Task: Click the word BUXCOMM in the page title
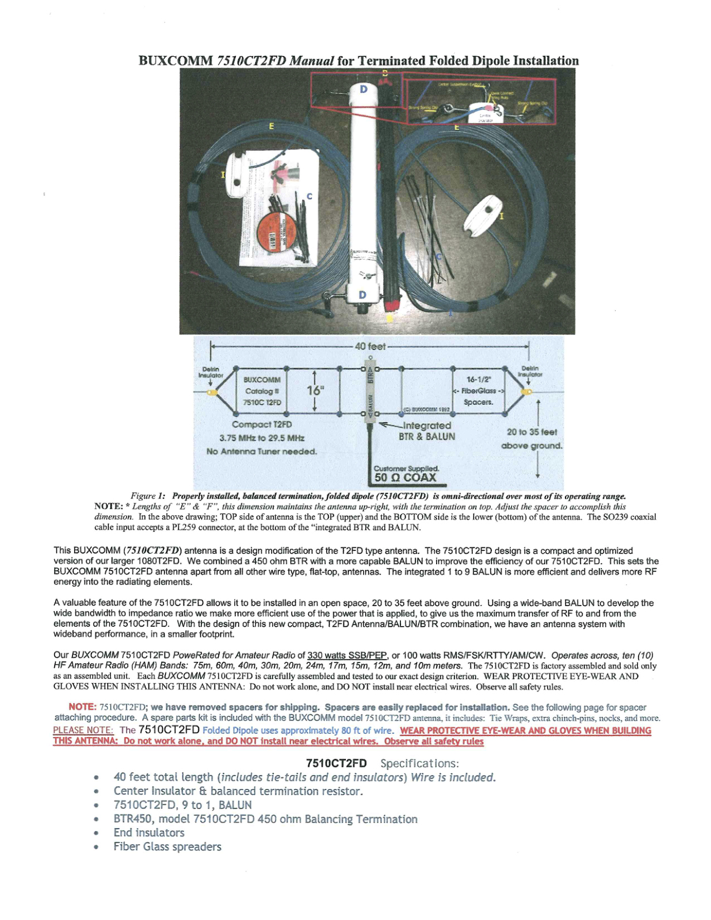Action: pyautogui.click(x=176, y=61)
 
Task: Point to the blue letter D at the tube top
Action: pyautogui.click(x=364, y=89)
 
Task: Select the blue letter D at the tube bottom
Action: pyautogui.click(x=362, y=295)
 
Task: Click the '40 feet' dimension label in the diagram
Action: pyautogui.click(x=370, y=346)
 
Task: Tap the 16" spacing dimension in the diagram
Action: pyautogui.click(x=315, y=390)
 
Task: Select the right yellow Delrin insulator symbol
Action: pyautogui.click(x=525, y=392)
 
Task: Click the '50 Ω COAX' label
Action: pyautogui.click(x=405, y=478)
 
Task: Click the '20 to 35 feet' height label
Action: pyautogui.click(x=532, y=432)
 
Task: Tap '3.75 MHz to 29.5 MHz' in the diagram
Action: pyautogui.click(x=262, y=438)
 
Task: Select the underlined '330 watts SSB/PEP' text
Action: pyautogui.click(x=347, y=655)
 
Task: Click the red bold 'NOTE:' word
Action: pyautogui.click(x=82, y=707)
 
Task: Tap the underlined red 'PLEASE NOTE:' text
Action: pyautogui.click(x=83, y=730)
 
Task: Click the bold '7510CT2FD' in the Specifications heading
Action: pyautogui.click(x=336, y=764)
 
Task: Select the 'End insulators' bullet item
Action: pyautogui.click(x=149, y=833)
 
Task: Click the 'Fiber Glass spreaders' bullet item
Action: pyautogui.click(x=167, y=846)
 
